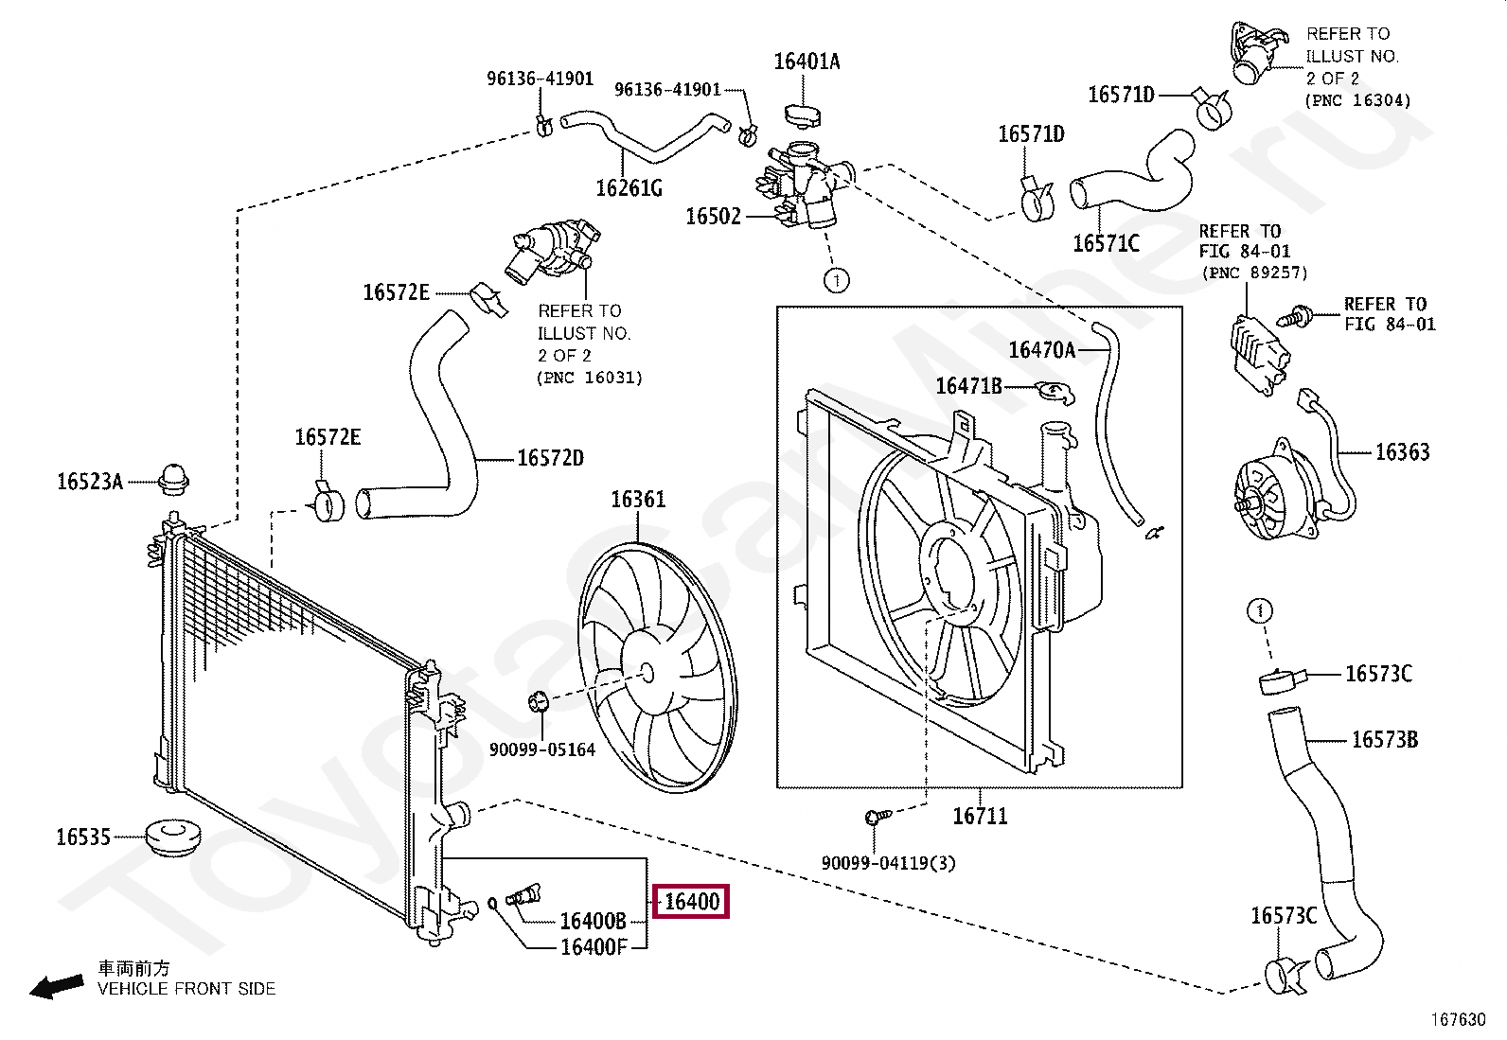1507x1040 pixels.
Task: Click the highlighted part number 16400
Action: click(x=692, y=902)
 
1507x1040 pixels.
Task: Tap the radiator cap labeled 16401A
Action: click(x=803, y=115)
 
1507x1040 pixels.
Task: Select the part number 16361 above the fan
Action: click(x=638, y=500)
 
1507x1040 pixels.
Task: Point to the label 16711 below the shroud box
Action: click(x=980, y=816)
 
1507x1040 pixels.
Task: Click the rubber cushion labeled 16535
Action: click(x=173, y=837)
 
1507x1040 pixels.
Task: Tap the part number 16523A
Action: click(x=90, y=482)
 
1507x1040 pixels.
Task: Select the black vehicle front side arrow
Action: click(x=57, y=987)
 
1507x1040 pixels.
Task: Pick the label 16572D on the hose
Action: click(x=550, y=458)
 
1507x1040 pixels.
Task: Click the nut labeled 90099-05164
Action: click(x=539, y=702)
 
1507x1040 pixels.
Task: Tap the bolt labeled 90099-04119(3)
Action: click(x=877, y=817)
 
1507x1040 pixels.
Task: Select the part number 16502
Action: click(x=713, y=217)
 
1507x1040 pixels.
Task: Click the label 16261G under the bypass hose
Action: click(x=629, y=188)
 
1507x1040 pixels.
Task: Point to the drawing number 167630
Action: click(x=1458, y=1020)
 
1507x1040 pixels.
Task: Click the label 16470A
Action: click(x=1041, y=350)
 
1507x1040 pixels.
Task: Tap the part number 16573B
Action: click(x=1385, y=740)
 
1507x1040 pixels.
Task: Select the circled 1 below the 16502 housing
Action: click(x=836, y=280)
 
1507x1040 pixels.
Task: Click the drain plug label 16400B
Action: click(x=593, y=920)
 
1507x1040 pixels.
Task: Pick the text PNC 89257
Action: click(x=1255, y=273)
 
